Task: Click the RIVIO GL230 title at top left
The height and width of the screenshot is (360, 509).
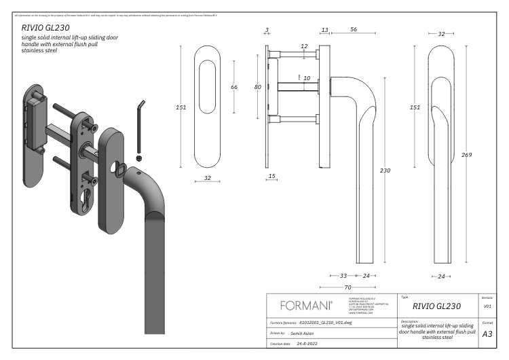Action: point(45,28)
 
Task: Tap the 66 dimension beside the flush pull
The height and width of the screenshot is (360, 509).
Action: point(234,87)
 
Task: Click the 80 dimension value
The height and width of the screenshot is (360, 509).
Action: point(257,87)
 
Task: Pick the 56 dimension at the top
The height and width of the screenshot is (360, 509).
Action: point(354,30)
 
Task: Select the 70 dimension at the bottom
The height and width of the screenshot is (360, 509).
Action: point(347,287)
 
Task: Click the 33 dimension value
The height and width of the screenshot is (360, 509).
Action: point(343,276)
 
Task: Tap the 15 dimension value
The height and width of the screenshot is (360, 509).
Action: point(272,177)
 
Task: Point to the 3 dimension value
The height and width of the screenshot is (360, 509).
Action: point(267,30)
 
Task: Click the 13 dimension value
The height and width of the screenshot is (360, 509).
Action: point(324,30)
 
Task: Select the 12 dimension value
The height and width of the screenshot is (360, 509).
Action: point(304,46)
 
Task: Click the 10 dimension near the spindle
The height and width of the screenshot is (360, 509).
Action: point(307,78)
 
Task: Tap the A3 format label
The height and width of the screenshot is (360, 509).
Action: point(487,334)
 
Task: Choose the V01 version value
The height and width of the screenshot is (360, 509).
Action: point(487,306)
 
